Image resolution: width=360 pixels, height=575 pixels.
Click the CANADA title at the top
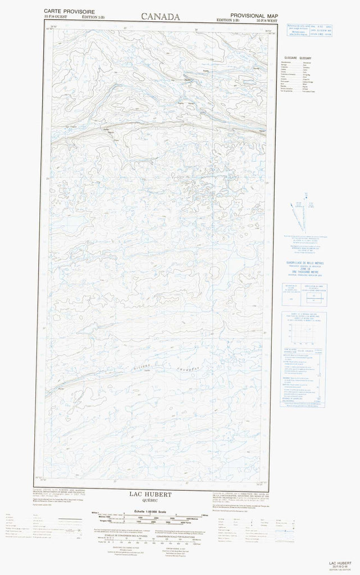coord(156,17)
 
